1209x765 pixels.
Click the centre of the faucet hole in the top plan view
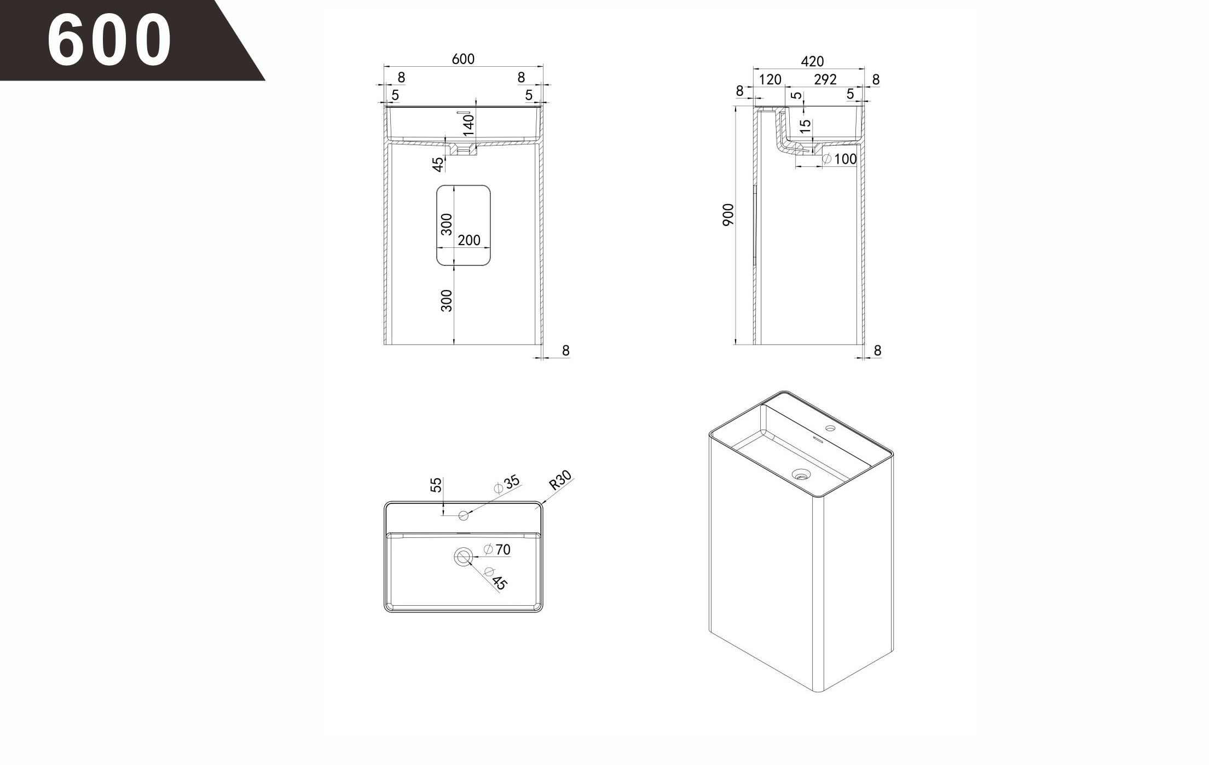click(x=464, y=515)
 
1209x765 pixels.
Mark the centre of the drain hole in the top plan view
click(x=464, y=557)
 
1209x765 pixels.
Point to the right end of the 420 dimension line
click(x=864, y=69)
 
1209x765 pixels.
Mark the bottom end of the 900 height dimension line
click(x=735, y=344)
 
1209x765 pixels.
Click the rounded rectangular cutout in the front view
click(x=464, y=225)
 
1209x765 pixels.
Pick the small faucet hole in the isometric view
click(x=830, y=428)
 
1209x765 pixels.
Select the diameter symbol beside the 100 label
click(x=828, y=159)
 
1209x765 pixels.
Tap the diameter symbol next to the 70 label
click(x=489, y=549)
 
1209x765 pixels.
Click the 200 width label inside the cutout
click(x=469, y=240)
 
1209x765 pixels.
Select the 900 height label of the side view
click(x=727, y=215)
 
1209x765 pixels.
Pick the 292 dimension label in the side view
click(x=825, y=79)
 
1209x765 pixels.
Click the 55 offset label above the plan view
click(x=436, y=485)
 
